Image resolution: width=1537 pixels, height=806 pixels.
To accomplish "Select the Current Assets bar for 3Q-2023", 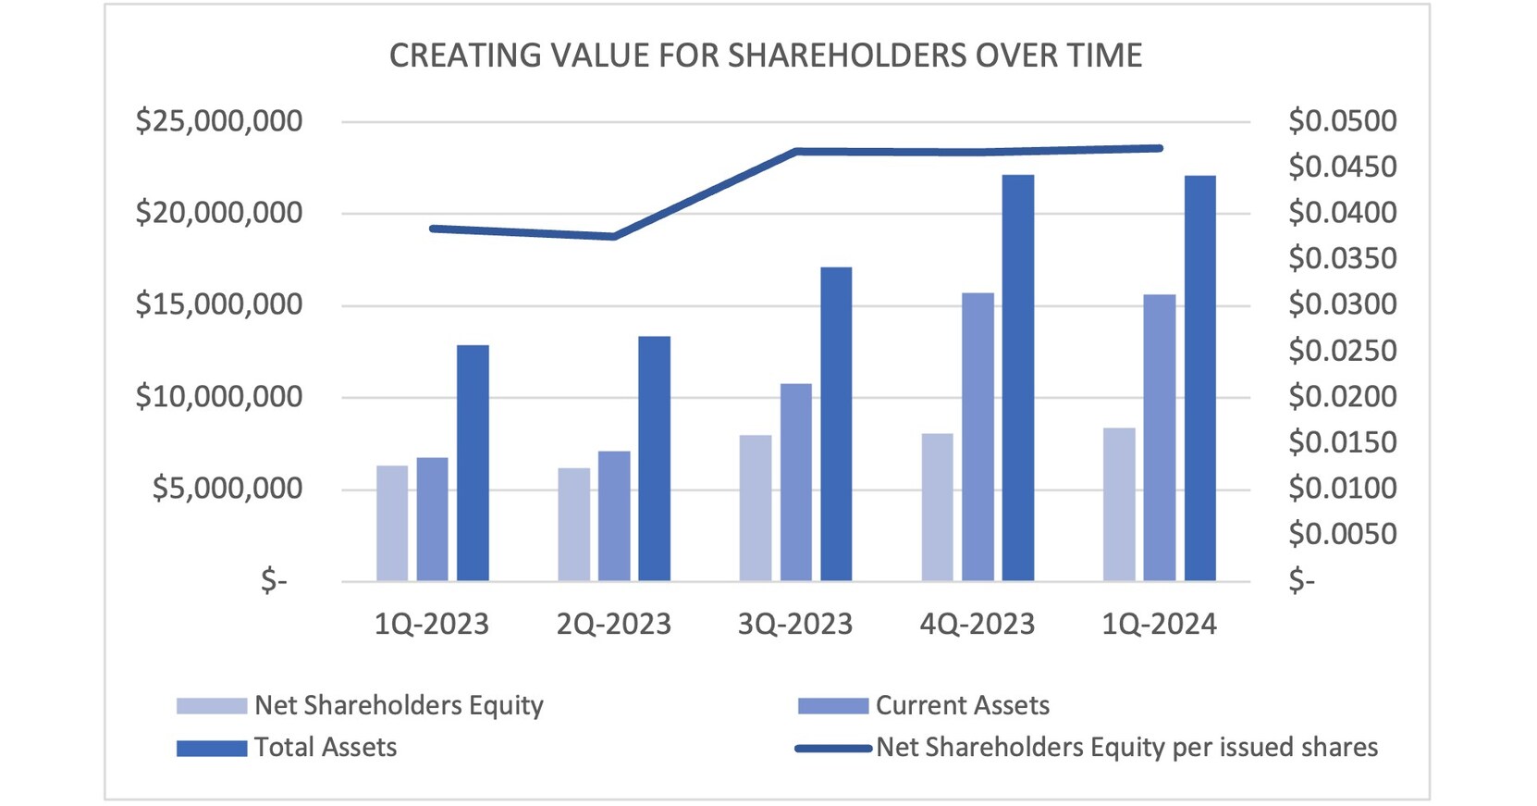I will tap(795, 482).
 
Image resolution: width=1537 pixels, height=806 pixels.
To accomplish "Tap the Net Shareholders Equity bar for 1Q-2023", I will tap(392, 523).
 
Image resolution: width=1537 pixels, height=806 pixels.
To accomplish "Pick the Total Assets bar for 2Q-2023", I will tap(654, 458).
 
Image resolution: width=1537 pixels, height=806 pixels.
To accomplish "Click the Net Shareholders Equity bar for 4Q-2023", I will tap(938, 507).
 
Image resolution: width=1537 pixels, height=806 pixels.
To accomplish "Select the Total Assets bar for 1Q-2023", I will tap(473, 463).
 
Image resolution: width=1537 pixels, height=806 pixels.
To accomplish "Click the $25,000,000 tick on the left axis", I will tap(219, 121).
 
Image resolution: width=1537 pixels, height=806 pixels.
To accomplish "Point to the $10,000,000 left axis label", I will tap(219, 397).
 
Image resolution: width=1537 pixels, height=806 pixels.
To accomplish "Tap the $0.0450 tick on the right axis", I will tap(1342, 167).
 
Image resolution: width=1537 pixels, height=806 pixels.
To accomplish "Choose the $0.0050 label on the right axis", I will tap(1342, 534).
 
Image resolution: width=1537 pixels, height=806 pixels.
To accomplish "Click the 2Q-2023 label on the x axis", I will tap(613, 625).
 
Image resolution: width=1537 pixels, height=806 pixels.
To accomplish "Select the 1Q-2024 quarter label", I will tap(1159, 625).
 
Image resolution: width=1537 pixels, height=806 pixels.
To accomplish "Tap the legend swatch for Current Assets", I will tap(832, 706).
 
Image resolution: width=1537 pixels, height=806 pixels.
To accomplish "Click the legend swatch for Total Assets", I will tap(212, 748).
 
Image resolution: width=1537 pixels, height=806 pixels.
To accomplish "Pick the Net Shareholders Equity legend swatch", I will tap(212, 706).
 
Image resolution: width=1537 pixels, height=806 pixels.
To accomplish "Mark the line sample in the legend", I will tap(832, 748).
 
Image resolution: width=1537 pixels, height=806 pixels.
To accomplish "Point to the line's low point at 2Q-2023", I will tap(613, 237).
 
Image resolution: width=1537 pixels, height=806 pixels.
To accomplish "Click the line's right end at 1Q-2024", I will tap(1159, 148).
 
